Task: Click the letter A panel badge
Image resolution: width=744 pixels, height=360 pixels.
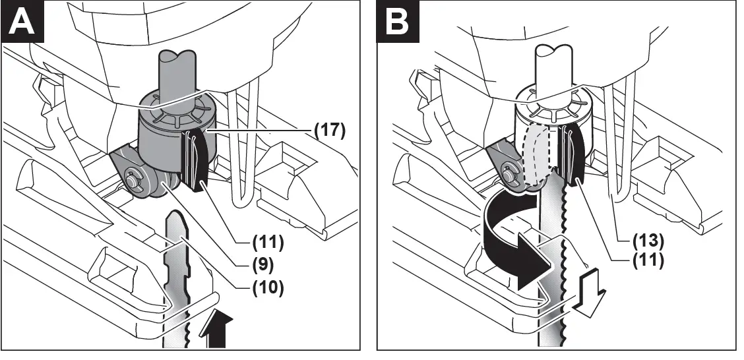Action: (x=22, y=21)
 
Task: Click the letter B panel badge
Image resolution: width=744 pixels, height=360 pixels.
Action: (x=398, y=21)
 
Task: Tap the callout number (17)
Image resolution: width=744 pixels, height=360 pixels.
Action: (x=330, y=130)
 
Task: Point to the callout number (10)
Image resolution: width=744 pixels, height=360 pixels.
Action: (x=268, y=287)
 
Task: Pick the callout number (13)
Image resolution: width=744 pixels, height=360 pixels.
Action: (x=648, y=241)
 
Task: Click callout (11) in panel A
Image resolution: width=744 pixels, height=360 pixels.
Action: (x=268, y=242)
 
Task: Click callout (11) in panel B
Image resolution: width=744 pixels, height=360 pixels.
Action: (x=648, y=259)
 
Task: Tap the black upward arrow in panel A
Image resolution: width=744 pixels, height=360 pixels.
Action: (x=216, y=329)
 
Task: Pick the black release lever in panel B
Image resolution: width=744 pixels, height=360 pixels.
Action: (x=573, y=162)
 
